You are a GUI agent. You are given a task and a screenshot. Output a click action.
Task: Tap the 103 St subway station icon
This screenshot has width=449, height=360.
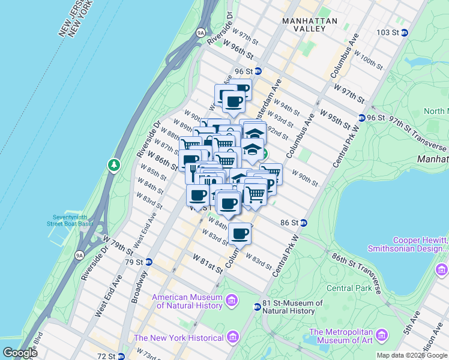(x=405, y=32)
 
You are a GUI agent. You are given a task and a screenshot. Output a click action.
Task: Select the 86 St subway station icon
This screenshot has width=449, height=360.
(x=304, y=223)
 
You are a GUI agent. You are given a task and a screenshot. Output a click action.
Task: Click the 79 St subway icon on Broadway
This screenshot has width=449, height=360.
(x=149, y=262)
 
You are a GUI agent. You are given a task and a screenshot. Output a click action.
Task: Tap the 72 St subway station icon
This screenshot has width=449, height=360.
(x=121, y=356)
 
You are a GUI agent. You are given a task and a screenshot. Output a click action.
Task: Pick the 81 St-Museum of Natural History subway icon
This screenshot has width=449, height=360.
(x=257, y=307)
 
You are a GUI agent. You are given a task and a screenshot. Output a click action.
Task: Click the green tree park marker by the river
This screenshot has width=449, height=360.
(x=113, y=164)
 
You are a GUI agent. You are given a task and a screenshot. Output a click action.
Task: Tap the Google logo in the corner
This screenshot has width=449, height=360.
(x=20, y=353)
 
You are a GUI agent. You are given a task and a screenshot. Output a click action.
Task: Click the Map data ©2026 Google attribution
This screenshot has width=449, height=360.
(x=412, y=355)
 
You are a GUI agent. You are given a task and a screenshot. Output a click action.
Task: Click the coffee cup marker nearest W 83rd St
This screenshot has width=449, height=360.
(x=240, y=233)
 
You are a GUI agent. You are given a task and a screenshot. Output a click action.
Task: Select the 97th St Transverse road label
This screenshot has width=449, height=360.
(x=416, y=134)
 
